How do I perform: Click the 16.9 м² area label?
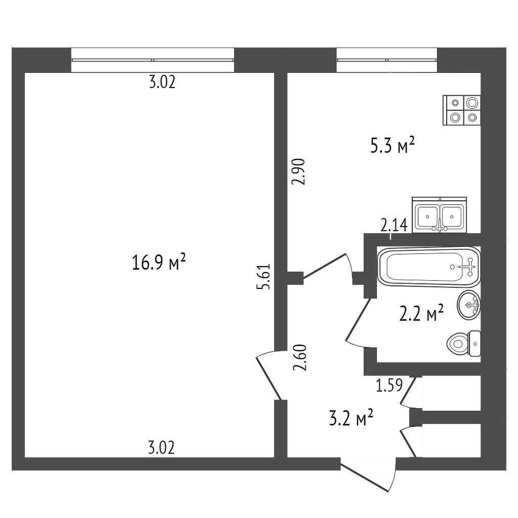(159, 262)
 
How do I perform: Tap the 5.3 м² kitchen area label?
(393, 145)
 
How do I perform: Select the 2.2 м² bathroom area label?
(421, 314)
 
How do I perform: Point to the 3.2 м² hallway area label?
(352, 418)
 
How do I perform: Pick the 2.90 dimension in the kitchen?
(298, 172)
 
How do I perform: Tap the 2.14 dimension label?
(394, 226)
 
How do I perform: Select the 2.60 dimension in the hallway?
(300, 358)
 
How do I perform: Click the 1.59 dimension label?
(390, 384)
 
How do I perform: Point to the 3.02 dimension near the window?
(162, 82)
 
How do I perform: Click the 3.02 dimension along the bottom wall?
(161, 448)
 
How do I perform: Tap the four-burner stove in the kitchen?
(461, 110)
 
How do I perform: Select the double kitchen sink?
(440, 214)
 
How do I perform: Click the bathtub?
(429, 266)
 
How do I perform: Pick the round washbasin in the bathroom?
(469, 305)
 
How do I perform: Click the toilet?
(463, 343)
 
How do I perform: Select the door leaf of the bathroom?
(358, 320)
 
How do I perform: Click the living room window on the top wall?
(153, 60)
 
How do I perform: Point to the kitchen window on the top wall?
(387, 60)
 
